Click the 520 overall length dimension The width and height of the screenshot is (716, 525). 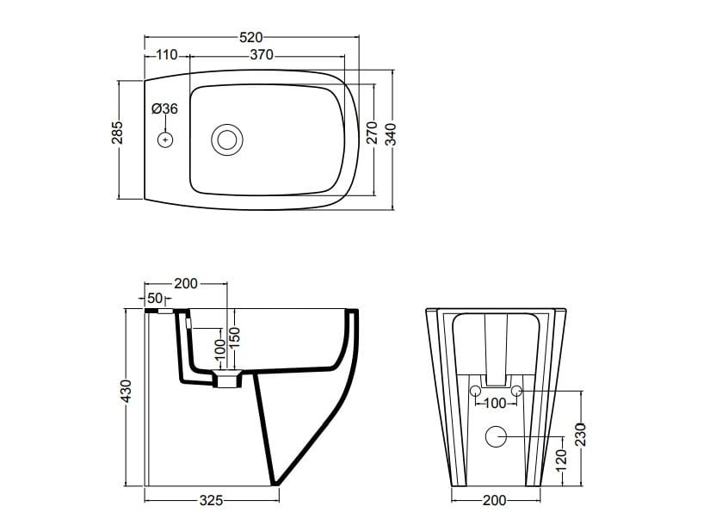click(250, 37)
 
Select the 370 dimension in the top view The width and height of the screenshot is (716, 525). click(262, 55)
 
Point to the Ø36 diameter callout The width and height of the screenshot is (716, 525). click(164, 108)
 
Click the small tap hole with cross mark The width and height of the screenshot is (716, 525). click(165, 139)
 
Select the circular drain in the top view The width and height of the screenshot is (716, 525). click(227, 139)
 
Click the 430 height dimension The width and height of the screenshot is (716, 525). click(126, 392)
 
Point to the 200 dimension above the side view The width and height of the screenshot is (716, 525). click(186, 283)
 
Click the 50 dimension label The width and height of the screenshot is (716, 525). click(156, 298)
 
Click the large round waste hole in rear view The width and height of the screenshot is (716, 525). click(496, 436)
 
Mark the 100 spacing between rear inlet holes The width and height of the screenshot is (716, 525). click(496, 403)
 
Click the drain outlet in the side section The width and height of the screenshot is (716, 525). click(228, 380)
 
